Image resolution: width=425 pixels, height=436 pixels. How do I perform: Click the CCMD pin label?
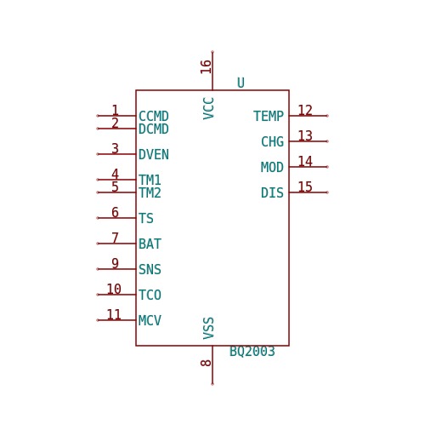(x=154, y=116)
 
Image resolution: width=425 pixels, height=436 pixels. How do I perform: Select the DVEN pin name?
(x=154, y=154)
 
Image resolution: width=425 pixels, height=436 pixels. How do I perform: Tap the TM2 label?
(x=150, y=192)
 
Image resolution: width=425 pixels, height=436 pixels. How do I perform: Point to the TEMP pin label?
(x=269, y=116)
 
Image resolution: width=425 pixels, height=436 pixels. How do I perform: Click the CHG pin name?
(x=272, y=141)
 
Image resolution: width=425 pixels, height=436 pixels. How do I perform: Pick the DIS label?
(x=272, y=192)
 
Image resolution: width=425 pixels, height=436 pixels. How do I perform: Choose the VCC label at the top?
(x=208, y=108)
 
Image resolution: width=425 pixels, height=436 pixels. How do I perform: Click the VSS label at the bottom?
(x=208, y=328)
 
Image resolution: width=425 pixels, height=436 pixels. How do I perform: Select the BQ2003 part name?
(x=252, y=352)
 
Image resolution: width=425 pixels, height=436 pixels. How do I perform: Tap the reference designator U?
(x=241, y=83)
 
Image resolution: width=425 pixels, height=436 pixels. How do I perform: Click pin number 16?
(x=206, y=66)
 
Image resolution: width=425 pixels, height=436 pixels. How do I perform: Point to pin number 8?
(x=206, y=363)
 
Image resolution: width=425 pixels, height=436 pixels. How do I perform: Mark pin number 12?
(x=305, y=110)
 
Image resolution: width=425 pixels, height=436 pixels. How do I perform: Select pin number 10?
(x=114, y=289)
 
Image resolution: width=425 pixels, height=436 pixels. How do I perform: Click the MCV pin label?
(x=150, y=320)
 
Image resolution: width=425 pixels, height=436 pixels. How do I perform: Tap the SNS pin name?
(x=150, y=269)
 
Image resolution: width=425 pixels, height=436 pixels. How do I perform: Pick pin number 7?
(x=115, y=238)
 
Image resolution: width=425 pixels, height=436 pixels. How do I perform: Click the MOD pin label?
(x=272, y=167)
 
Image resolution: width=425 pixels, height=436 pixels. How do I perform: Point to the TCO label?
(x=150, y=295)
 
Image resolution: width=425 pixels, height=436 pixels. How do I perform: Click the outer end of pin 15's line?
(x=327, y=192)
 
